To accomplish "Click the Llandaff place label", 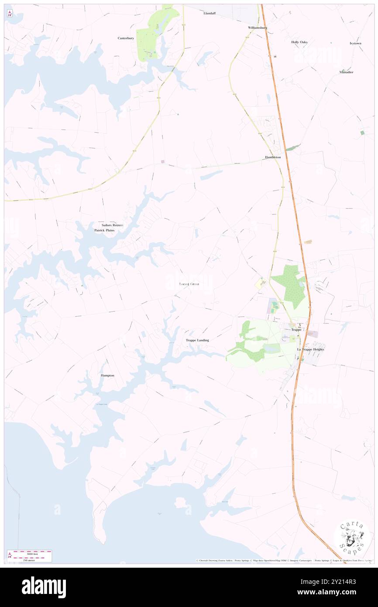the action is tap(210, 13).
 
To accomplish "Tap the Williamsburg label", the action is tap(257, 27).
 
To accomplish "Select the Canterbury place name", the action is tap(126, 38).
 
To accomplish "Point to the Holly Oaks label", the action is tap(299, 42).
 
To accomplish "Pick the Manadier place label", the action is tap(346, 72).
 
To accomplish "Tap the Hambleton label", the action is tap(273, 157).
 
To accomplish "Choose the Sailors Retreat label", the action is tap(110, 225).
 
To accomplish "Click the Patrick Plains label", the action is tap(104, 230).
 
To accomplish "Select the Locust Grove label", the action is tap(189, 284).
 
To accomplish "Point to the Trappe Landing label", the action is tap(197, 340).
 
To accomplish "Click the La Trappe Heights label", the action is tap(311, 349).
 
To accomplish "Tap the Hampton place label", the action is tap(107, 375).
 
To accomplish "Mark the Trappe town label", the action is tap(296, 330).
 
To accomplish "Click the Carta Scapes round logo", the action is tap(352, 537).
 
